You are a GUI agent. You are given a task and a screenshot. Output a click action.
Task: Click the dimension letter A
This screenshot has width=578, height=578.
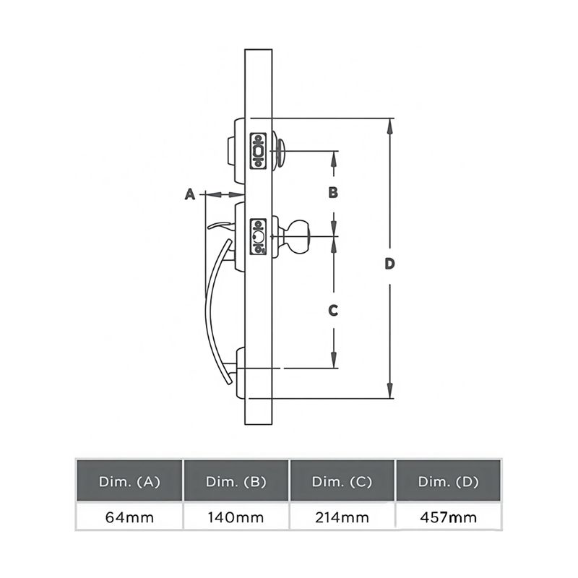click(x=190, y=194)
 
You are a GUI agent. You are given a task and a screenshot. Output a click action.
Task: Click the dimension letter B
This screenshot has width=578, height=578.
click(x=333, y=192)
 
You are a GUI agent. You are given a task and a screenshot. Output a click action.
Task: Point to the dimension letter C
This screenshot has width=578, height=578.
click(x=333, y=311)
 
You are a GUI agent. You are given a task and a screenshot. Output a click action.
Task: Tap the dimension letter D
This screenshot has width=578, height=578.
click(x=389, y=264)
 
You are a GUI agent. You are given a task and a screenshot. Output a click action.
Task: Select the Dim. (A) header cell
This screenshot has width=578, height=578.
click(x=129, y=480)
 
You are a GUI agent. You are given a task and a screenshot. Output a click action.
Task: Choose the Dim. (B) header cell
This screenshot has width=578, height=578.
click(x=236, y=480)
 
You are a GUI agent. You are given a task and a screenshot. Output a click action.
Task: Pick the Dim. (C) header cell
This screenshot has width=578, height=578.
click(x=342, y=480)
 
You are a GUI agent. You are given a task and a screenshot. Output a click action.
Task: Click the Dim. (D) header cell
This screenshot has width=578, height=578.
click(x=448, y=480)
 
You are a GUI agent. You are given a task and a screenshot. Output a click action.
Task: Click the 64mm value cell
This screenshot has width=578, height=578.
click(x=129, y=517)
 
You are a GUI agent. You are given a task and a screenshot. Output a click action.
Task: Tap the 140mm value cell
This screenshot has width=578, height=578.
click(x=236, y=517)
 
